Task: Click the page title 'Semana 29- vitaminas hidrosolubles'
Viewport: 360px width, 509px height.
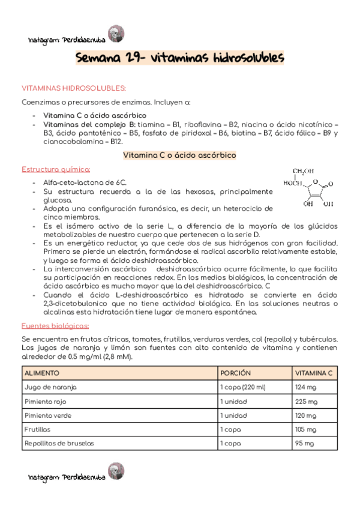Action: pos(180,58)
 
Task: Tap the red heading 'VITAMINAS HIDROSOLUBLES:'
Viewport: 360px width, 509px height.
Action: pos(74,88)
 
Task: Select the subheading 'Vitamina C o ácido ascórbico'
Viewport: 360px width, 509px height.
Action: pos(179,155)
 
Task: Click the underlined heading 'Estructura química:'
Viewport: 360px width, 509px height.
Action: pos(56,169)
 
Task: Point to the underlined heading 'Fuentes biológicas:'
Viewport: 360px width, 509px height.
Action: pos(55,325)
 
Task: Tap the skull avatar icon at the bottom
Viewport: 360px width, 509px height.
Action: pos(114,471)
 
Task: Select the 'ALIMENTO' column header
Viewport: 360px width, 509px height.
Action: pos(42,373)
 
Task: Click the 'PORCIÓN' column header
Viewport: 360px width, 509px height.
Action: pos(236,373)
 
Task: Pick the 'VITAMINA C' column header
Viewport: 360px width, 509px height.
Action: pos(313,373)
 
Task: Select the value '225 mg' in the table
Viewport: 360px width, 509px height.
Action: pos(305,401)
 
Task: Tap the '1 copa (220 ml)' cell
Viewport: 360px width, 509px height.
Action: pos(244,387)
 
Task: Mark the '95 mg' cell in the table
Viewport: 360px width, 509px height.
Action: pos(304,444)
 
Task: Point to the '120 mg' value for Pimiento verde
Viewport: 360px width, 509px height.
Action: pos(305,415)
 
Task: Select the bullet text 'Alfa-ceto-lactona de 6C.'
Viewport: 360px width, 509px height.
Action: pos(85,182)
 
